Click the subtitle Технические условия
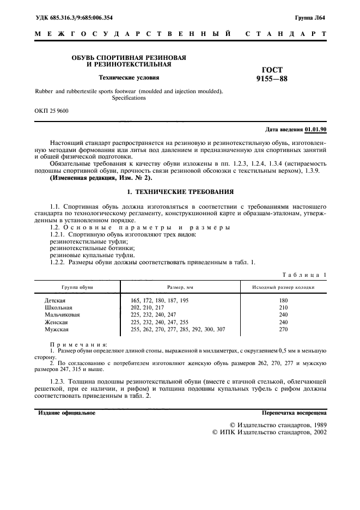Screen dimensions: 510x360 [121, 78]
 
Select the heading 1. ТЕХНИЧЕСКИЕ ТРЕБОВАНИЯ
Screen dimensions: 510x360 [180, 192]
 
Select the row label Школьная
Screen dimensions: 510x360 [58, 308]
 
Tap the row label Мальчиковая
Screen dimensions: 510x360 [62, 315]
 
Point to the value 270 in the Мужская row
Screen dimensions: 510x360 [283, 329]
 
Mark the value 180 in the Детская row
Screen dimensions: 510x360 [283, 301]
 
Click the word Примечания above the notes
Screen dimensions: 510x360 [78, 345]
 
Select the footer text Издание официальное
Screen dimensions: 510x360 [66, 413]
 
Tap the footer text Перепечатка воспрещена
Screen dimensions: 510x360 [294, 413]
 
